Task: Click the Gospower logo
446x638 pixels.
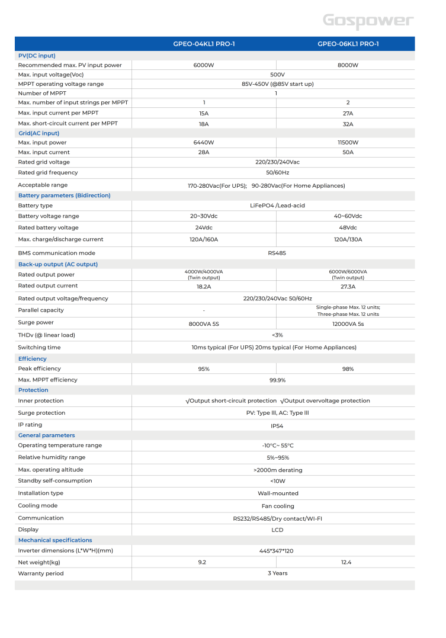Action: click(x=368, y=21)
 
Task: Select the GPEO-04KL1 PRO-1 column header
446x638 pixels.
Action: click(x=203, y=44)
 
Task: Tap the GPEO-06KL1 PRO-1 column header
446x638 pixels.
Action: click(x=348, y=44)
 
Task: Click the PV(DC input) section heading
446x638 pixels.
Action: click(x=37, y=55)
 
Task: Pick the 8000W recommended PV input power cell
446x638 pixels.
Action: click(x=348, y=65)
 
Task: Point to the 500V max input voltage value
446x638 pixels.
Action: click(x=277, y=75)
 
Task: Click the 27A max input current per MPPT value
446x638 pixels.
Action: click(x=348, y=113)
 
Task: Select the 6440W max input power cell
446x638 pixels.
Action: click(x=203, y=143)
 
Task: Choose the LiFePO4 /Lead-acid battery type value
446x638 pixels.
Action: click(x=277, y=206)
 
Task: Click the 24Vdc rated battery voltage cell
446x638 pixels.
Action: click(x=203, y=227)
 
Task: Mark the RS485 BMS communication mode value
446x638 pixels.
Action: click(x=277, y=253)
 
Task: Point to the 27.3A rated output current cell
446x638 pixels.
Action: click(x=348, y=287)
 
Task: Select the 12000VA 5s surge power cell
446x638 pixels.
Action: click(x=348, y=324)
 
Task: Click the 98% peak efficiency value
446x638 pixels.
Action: click(x=348, y=369)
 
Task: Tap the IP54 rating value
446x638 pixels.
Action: click(x=277, y=425)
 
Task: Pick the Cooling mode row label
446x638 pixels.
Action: click(x=38, y=506)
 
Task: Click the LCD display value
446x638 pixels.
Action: click(x=277, y=530)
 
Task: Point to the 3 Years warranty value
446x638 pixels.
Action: click(x=277, y=573)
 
